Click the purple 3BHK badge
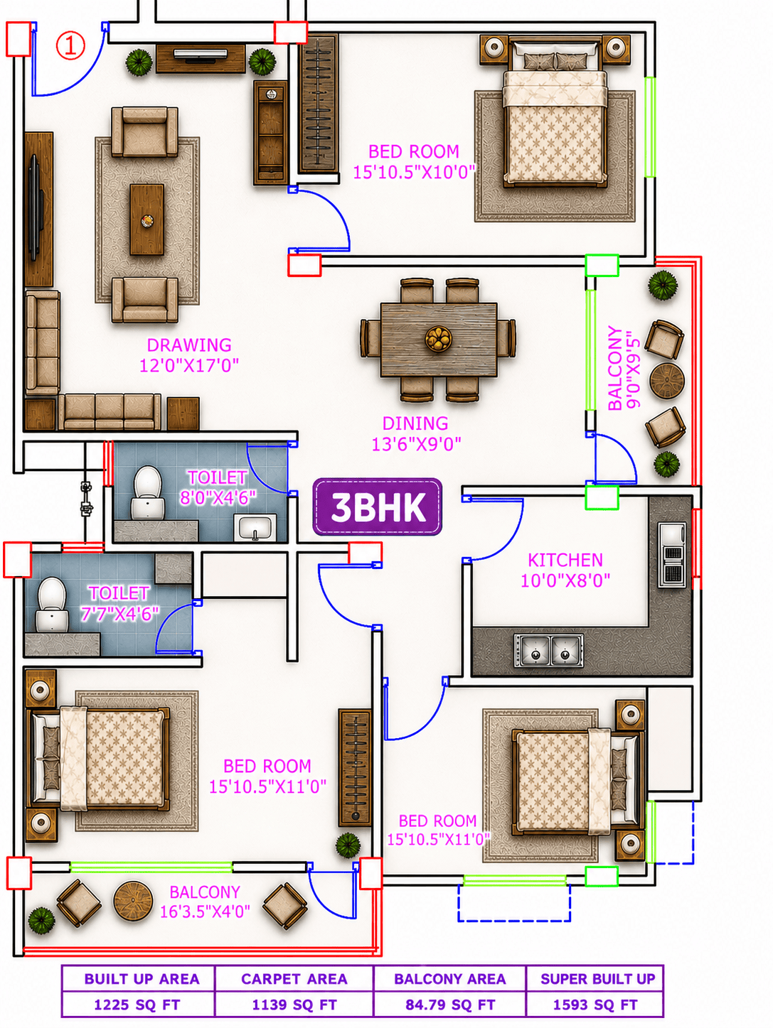click(x=378, y=507)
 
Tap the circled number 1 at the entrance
click(x=71, y=45)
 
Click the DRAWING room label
click(x=189, y=345)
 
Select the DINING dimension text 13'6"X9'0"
click(x=416, y=443)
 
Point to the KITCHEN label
click(x=565, y=560)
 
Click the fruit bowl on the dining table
click(x=438, y=337)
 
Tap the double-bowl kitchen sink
click(x=548, y=650)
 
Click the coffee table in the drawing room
click(x=146, y=220)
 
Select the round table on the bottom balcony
click(x=133, y=902)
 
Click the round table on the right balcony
click(x=666, y=380)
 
